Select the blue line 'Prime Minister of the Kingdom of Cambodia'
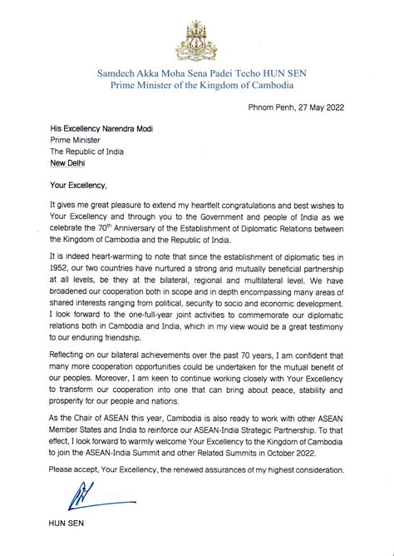[x=196, y=86]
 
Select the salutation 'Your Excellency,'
[x=79, y=185]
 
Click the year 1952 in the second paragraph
[x=61, y=268]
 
